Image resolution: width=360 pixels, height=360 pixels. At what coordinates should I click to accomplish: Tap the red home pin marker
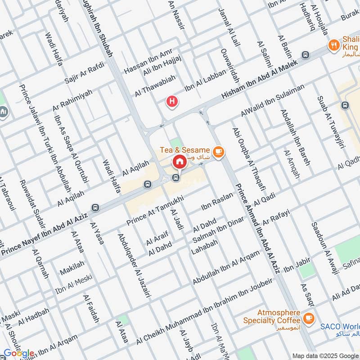(179, 161)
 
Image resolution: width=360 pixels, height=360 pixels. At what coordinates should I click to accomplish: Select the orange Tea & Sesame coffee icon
(219, 152)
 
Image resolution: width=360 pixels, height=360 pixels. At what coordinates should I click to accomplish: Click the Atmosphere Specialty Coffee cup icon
(309, 318)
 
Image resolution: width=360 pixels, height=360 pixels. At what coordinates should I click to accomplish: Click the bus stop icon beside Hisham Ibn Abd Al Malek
(306, 55)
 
